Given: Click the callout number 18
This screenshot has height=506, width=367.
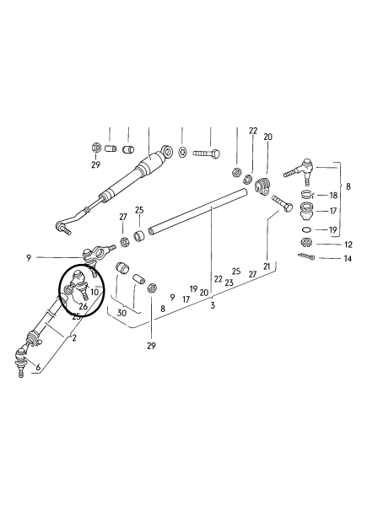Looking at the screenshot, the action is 333,196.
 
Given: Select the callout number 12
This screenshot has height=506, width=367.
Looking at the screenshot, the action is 348,245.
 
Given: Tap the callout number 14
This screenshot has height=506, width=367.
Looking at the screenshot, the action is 348,259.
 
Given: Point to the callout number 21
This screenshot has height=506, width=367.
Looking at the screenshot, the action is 267,266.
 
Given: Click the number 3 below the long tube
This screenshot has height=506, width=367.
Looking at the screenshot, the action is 213,305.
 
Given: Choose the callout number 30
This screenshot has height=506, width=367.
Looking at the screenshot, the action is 121,313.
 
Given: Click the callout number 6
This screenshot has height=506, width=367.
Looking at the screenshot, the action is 38,367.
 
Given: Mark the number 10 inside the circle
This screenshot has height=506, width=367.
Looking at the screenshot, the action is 94,293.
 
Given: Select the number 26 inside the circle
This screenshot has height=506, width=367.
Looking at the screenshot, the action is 84,306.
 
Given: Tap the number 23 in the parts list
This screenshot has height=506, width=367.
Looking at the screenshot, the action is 229,283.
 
